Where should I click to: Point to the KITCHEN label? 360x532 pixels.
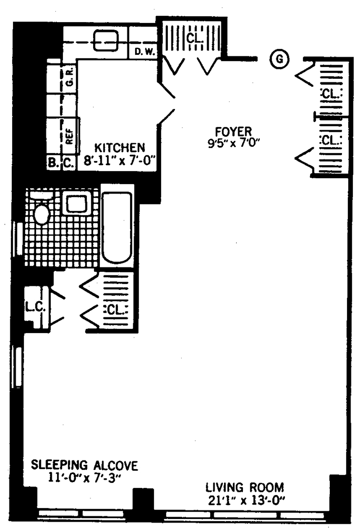[119, 148]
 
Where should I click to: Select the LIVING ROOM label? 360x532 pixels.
[245, 487]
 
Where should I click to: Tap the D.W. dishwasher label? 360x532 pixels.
[145, 52]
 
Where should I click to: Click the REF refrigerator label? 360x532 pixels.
[69, 134]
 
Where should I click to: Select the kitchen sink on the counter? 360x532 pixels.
[106, 41]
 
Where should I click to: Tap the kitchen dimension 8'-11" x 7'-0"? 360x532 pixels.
[119, 160]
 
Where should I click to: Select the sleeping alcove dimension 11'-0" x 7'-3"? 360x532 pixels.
[84, 477]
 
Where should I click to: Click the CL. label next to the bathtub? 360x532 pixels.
[117, 310]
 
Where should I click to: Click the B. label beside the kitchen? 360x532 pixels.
[53, 163]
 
